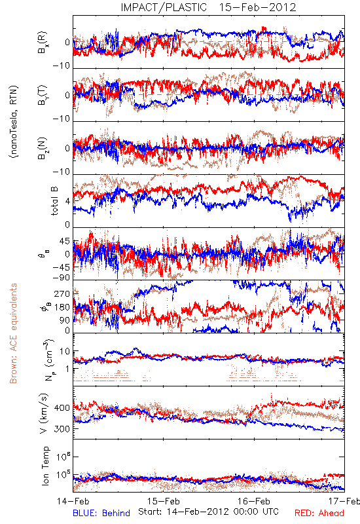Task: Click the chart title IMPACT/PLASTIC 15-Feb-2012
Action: [208, 7]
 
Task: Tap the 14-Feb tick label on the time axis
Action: [73, 501]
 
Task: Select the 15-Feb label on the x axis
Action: [164, 501]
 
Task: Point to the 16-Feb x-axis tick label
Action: [254, 501]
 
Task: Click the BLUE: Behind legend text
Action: [101, 514]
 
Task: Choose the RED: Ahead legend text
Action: [319, 514]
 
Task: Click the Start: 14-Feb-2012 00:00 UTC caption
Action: [208, 512]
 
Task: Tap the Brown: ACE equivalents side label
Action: [13, 333]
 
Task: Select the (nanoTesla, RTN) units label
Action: [14, 122]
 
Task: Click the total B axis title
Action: [54, 200]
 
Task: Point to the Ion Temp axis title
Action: [45, 466]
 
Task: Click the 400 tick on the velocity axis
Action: [62, 407]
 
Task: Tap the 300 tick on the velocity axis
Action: [62, 429]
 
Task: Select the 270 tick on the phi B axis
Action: [62, 293]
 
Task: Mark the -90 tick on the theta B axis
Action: [62, 278]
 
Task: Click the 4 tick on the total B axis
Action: [68, 201]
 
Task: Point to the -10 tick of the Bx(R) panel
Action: [62, 65]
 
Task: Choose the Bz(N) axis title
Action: [43, 148]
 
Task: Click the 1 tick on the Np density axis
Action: [68, 369]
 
